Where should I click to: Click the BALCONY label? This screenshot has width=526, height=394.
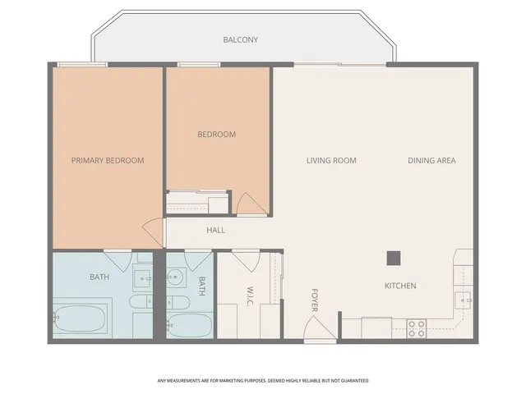pyautogui.click(x=241, y=39)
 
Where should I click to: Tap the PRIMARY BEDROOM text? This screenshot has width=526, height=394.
pyautogui.click(x=107, y=160)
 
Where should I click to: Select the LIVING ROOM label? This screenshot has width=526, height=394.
pyautogui.click(x=331, y=160)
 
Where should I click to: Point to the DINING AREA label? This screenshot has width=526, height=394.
pyautogui.click(x=431, y=160)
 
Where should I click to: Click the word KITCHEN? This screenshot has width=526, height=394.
pyautogui.click(x=400, y=286)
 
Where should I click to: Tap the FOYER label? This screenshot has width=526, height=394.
pyautogui.click(x=314, y=300)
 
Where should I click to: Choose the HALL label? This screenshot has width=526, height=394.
pyautogui.click(x=215, y=230)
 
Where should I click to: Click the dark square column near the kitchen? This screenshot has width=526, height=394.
pyautogui.click(x=394, y=258)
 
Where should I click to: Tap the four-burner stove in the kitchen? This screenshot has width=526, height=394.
pyautogui.click(x=417, y=328)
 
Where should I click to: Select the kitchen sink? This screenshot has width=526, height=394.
pyautogui.click(x=464, y=297)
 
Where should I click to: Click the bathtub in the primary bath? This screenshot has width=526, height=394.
pyautogui.click(x=81, y=319)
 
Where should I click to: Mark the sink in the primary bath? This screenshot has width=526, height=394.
pyautogui.click(x=143, y=279)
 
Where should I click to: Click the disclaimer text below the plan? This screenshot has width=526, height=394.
pyautogui.click(x=263, y=381)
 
